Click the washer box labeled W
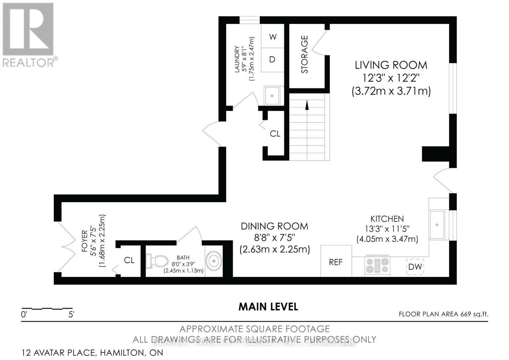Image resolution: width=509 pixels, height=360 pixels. click(273, 37)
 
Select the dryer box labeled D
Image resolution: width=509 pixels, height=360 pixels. click(272, 60)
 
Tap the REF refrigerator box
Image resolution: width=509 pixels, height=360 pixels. click(336, 262)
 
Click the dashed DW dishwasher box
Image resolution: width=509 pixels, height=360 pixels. click(415, 267)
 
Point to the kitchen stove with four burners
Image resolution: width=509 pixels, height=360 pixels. click(377, 265)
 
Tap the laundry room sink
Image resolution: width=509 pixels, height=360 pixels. click(272, 95)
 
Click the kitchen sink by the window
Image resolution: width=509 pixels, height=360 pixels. click(438, 225)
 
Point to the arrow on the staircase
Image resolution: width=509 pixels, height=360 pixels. click(307, 105)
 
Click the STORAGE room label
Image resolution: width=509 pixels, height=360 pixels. click(304, 54)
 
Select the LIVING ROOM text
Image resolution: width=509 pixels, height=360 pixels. click(391, 65)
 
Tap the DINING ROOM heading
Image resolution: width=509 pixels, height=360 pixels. click(274, 226)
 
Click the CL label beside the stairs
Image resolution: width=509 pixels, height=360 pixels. click(275, 134)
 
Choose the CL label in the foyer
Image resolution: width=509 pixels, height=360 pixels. click(129, 260)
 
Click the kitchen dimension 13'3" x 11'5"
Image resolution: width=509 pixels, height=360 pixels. click(387, 229)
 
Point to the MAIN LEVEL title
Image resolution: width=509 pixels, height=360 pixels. click(268, 307)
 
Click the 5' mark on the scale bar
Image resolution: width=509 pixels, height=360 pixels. click(71, 314)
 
